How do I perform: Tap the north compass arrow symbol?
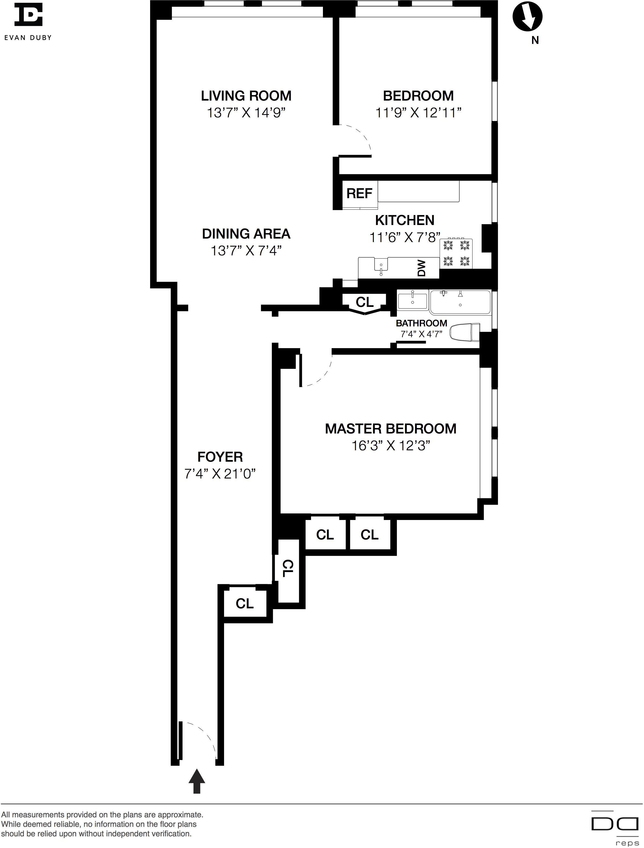(x=528, y=17)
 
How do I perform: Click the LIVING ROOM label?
(x=246, y=95)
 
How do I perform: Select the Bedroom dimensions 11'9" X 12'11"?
(x=418, y=113)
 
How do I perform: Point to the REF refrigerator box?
(x=359, y=194)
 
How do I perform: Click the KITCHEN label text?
(x=405, y=220)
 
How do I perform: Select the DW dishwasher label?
(x=422, y=268)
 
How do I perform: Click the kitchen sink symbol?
(x=381, y=267)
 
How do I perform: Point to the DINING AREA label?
(x=246, y=234)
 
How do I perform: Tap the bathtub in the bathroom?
(x=460, y=302)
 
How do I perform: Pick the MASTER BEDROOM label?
(x=391, y=428)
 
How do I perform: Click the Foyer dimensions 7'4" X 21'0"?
(x=220, y=474)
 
